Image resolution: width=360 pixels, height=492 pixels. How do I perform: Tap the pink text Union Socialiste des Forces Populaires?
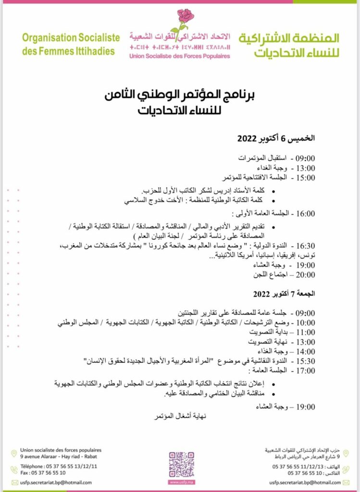(x=179, y=56)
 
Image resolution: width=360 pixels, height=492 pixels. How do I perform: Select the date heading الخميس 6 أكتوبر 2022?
(x=276, y=138)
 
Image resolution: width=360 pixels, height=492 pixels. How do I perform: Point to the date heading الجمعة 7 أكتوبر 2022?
(x=277, y=293)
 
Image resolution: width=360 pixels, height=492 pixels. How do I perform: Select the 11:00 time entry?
(x=304, y=332)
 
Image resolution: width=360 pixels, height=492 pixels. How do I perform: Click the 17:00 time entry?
(x=304, y=370)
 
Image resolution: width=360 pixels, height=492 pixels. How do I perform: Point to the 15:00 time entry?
(x=304, y=177)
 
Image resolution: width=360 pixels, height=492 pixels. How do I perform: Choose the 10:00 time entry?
(x=304, y=322)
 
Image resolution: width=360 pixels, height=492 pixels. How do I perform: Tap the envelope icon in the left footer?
(x=14, y=482)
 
